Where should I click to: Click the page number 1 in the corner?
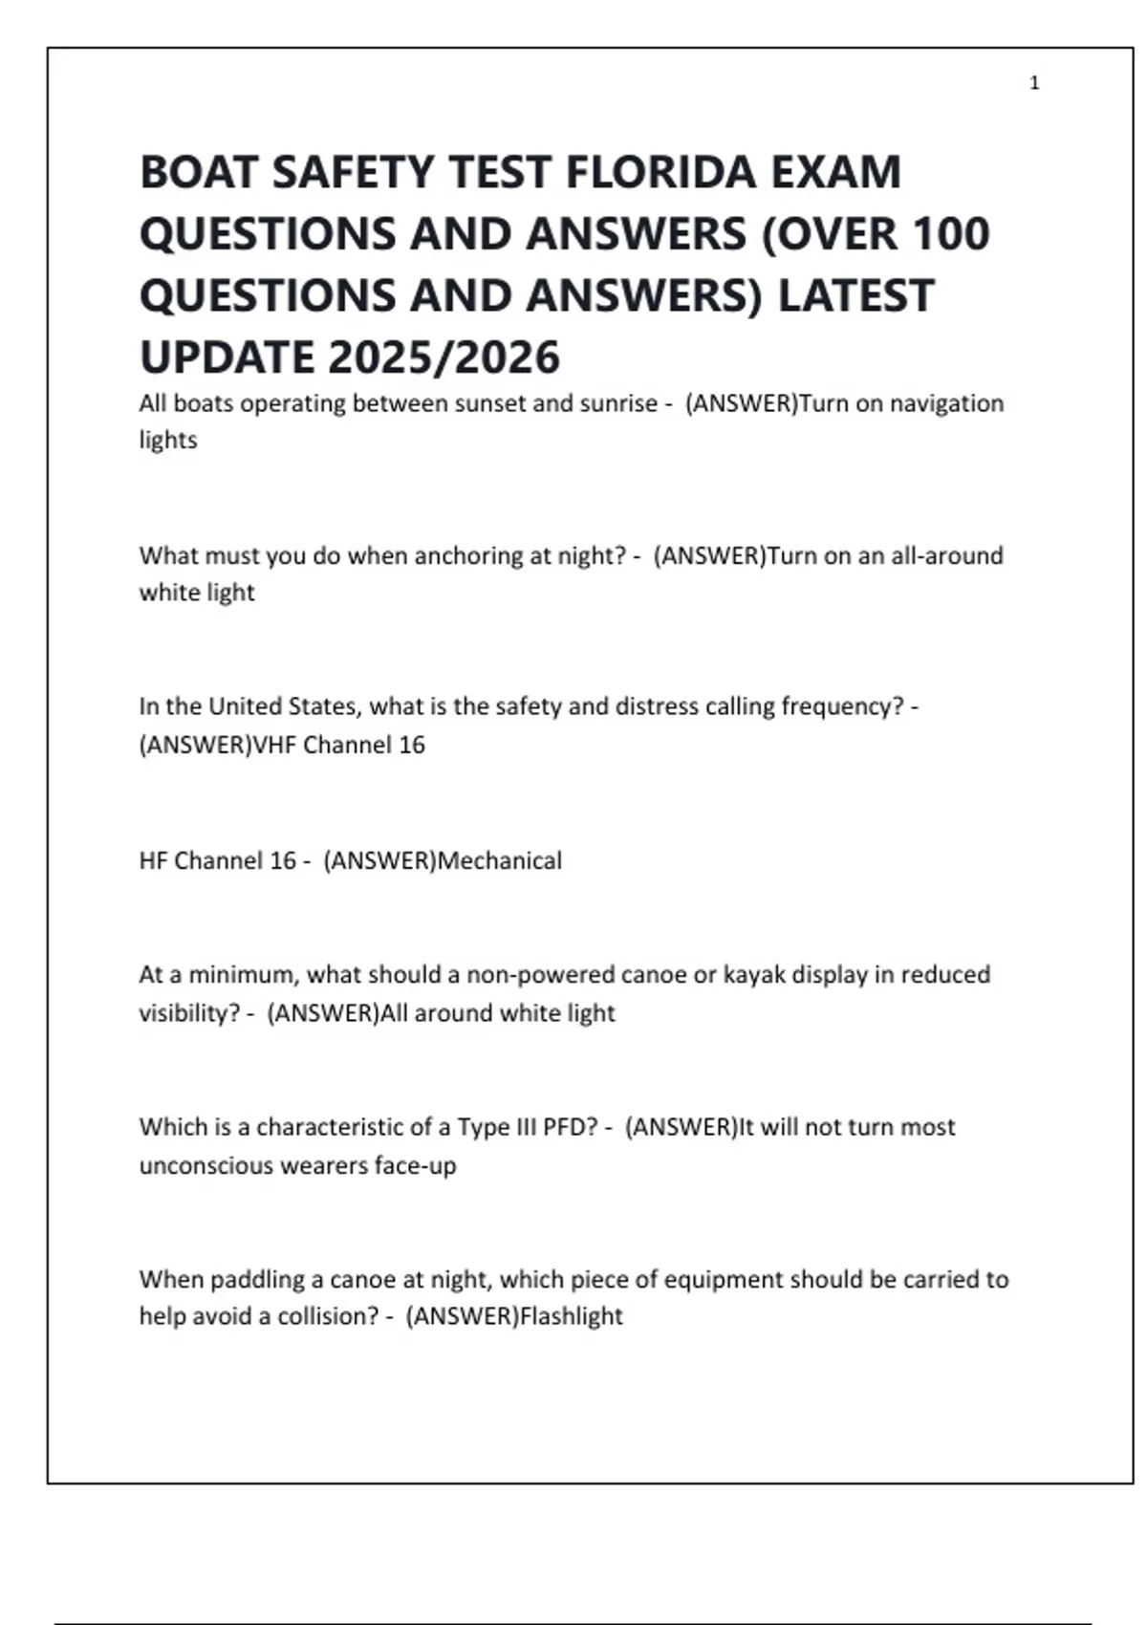point(1034,83)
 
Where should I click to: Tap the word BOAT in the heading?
point(199,173)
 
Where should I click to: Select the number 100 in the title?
point(950,234)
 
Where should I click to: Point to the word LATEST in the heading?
point(855,295)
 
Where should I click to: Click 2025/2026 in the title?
point(444,357)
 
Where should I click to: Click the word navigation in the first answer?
point(946,403)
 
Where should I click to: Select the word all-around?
point(947,555)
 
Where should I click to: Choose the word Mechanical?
point(499,860)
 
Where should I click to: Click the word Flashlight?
point(571,1316)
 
